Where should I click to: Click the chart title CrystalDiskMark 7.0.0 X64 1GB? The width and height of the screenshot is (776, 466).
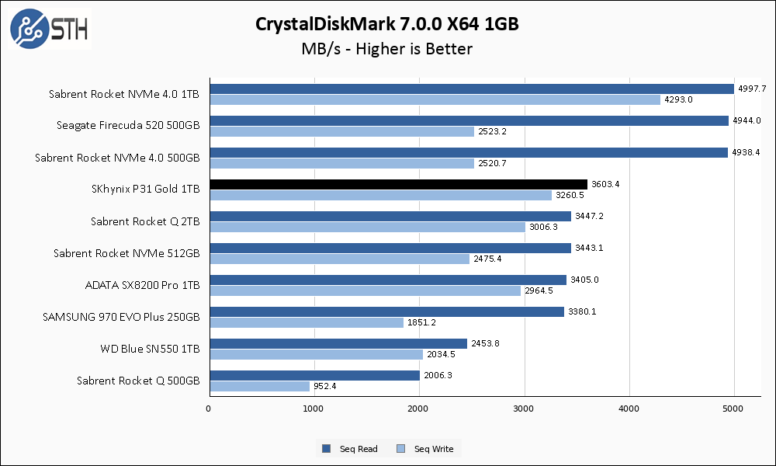(387, 24)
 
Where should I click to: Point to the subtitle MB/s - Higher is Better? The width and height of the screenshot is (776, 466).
(387, 49)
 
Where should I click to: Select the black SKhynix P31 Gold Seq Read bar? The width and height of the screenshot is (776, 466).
(398, 184)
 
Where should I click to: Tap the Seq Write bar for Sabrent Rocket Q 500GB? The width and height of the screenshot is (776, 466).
(259, 386)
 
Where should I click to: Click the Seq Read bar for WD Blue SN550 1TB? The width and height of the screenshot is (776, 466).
(338, 343)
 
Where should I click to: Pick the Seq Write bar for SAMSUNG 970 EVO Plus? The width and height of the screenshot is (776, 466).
(307, 322)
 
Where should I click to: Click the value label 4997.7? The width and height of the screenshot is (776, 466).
(752, 89)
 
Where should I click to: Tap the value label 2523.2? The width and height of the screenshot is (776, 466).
(492, 131)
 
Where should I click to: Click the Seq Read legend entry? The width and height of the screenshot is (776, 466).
(352, 449)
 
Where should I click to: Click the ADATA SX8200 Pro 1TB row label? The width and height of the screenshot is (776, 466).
(142, 285)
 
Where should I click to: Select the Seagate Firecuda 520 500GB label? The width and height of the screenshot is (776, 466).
(128, 125)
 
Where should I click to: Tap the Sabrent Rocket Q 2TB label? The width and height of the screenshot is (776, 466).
(145, 221)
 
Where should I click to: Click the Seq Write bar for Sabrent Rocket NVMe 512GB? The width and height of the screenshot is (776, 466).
(339, 259)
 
